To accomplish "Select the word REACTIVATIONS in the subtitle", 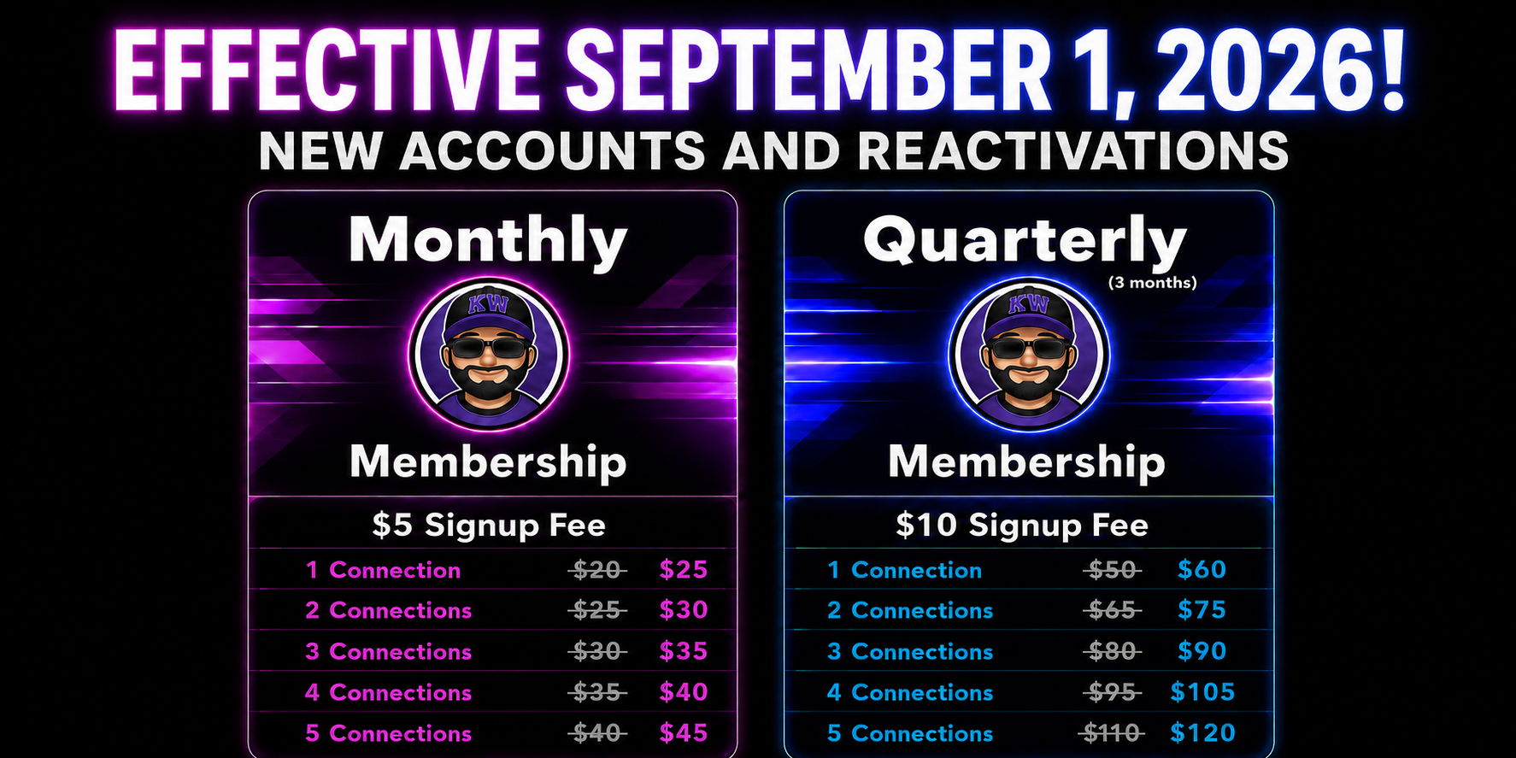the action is (x=1072, y=151).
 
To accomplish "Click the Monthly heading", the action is (x=488, y=241).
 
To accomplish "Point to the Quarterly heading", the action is (x=1025, y=242).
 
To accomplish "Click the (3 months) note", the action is (x=1152, y=283).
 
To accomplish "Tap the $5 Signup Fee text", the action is (x=489, y=525).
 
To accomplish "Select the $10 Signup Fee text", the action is (x=1022, y=525).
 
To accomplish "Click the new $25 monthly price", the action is (x=684, y=569).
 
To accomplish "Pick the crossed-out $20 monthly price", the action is (x=597, y=569).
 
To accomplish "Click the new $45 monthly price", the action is (x=684, y=732).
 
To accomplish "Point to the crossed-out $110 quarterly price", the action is (x=1111, y=732).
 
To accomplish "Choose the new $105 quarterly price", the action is (x=1202, y=691).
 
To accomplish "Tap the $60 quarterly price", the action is (x=1202, y=569).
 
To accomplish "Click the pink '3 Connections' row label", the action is (x=388, y=651).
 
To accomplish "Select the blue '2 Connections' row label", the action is (x=910, y=610).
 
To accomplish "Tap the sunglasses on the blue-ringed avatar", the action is (x=1030, y=348).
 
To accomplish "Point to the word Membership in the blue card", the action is (x=1026, y=462).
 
